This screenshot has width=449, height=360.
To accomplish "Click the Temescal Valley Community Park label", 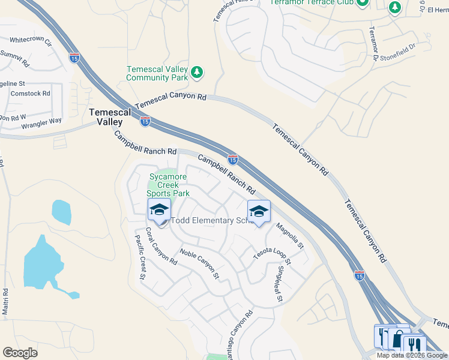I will [158, 73].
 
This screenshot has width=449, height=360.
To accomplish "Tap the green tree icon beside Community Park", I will [197, 73].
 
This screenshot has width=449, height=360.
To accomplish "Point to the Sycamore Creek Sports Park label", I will [169, 185].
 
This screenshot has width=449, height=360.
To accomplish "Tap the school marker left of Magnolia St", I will [259, 212].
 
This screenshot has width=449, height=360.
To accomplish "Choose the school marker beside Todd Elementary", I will [159, 210].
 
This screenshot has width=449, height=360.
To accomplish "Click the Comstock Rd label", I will [30, 94].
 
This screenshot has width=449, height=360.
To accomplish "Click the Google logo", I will [20, 352].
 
